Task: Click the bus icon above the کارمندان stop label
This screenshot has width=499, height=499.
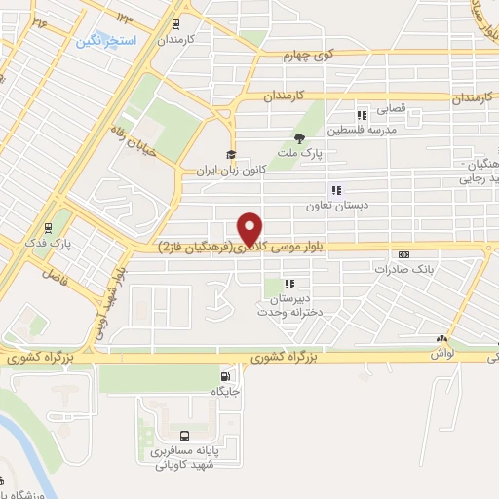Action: [x=175, y=24]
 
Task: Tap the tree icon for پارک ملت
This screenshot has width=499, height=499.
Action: [x=299, y=138]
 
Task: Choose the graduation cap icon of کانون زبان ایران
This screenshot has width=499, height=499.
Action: [x=231, y=155]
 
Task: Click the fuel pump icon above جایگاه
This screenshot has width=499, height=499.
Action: [x=226, y=377]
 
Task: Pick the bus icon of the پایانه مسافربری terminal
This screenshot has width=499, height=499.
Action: [x=185, y=436]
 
